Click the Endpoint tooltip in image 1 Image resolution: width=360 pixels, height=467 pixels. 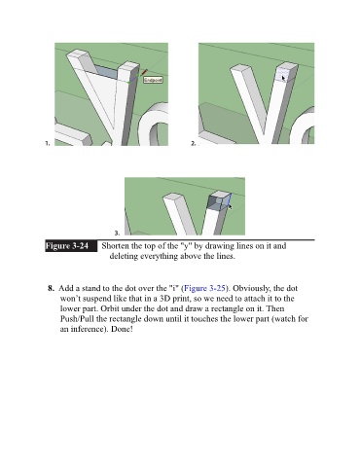point(153,80)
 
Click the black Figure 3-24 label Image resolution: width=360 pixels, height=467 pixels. point(71,246)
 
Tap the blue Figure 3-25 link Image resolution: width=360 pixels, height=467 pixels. point(204,288)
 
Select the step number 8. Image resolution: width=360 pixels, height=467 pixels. point(51,288)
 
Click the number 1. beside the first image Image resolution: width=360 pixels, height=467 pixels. point(48,143)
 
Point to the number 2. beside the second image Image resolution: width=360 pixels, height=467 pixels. point(194,143)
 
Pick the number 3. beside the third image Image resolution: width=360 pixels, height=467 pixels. point(117,233)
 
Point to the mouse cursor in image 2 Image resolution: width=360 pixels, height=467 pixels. point(284,79)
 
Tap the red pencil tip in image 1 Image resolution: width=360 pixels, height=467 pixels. point(144,72)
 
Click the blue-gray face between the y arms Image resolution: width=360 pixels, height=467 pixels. point(106,72)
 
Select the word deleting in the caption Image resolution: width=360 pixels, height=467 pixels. point(124,256)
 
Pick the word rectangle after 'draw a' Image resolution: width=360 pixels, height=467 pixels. point(228,308)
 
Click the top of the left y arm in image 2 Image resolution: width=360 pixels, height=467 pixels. point(241,68)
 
